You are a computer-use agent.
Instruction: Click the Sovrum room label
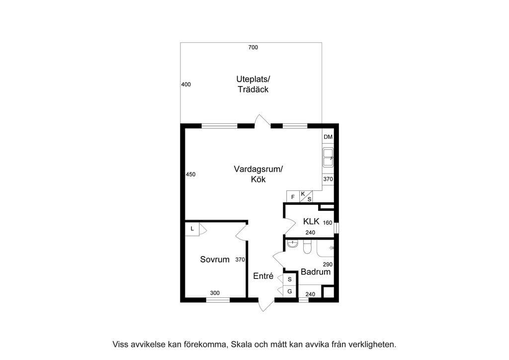215,260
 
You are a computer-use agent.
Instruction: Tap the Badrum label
316,271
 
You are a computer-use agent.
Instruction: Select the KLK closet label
311,221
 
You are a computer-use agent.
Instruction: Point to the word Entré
263,276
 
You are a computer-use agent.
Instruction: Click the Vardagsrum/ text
258,169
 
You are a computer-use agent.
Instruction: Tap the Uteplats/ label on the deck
253,79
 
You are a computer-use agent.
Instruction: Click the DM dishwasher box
328,137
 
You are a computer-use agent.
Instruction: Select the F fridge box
293,197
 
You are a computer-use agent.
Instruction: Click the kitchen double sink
328,158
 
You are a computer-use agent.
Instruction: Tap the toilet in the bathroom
307,247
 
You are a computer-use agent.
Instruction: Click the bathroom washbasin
292,244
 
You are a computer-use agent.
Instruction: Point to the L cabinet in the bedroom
192,229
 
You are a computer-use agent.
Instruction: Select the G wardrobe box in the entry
290,291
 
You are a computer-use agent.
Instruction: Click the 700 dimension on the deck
253,47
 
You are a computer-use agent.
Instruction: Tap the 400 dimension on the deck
186,85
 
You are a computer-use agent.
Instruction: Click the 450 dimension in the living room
190,175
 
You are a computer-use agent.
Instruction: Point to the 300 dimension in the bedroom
215,293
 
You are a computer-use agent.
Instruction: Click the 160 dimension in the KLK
328,223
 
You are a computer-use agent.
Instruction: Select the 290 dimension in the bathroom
328,264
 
